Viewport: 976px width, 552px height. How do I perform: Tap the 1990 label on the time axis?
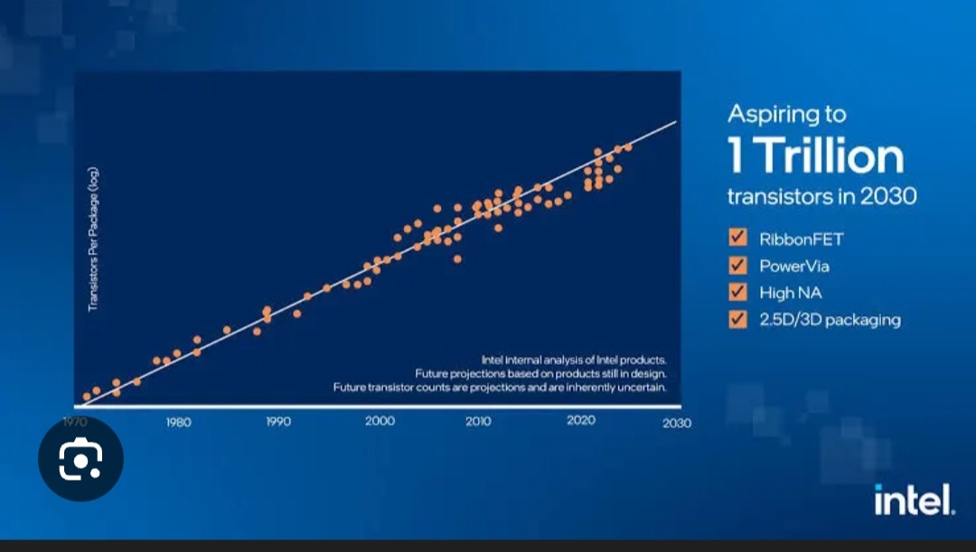[277, 422]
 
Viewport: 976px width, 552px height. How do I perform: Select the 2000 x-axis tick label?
[380, 422]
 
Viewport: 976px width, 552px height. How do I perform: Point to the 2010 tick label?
[478, 422]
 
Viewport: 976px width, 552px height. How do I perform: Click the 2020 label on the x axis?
[579, 421]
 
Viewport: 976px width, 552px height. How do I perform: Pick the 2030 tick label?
[676, 423]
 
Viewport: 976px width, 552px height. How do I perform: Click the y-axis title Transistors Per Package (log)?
[93, 240]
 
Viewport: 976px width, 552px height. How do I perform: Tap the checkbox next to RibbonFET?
[737, 239]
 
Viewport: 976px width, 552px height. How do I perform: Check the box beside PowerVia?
[737, 266]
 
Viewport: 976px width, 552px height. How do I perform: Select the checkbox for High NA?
[737, 292]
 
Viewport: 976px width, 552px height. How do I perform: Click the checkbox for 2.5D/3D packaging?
[737, 319]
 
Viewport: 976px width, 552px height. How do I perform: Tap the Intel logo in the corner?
[913, 500]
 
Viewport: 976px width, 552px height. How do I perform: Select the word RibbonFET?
[801, 239]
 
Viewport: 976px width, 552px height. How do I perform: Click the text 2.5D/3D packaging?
[830, 320]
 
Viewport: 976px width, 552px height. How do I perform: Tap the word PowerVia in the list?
[793, 267]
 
